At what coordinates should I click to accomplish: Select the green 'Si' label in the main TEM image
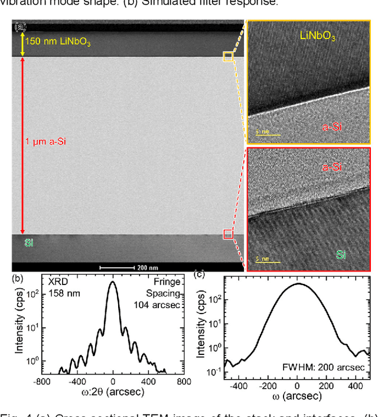point(28,243)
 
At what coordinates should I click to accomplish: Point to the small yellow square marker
point(228,56)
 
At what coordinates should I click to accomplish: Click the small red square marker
point(228,234)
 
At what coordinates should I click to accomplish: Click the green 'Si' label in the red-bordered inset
point(341,254)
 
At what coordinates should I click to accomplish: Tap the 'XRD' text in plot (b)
point(56,282)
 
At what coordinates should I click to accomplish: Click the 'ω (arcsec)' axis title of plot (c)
point(298,395)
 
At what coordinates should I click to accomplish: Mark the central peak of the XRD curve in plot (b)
point(112,283)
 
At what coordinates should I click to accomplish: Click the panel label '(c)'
point(200,274)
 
